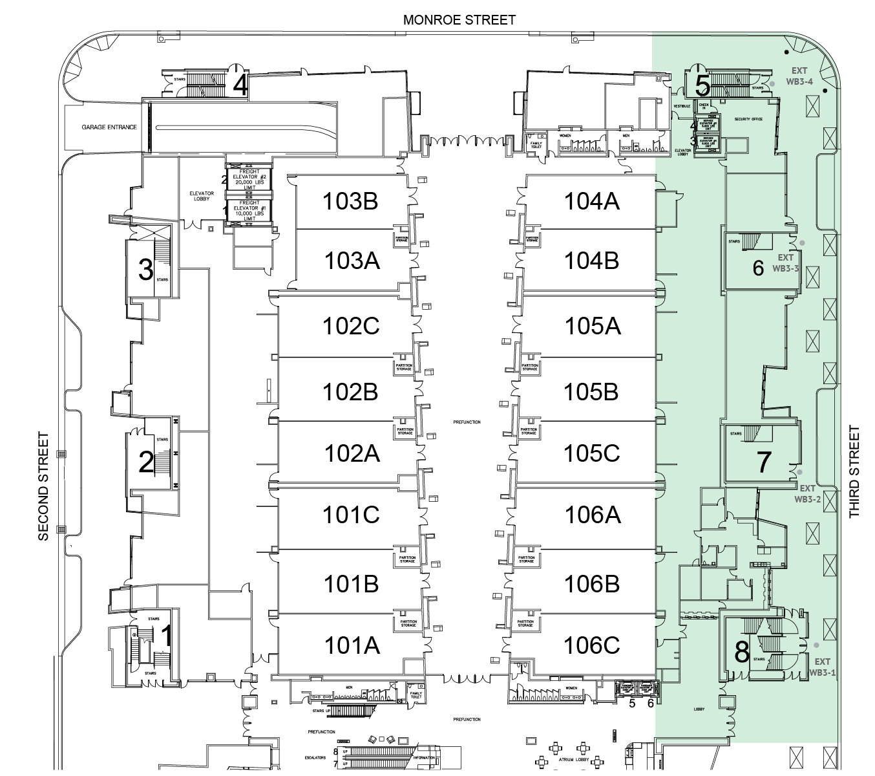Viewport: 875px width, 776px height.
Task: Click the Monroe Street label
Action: click(x=459, y=20)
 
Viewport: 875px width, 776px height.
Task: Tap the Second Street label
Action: click(x=43, y=486)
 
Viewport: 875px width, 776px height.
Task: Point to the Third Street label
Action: click(x=854, y=472)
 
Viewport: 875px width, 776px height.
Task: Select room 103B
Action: click(x=350, y=202)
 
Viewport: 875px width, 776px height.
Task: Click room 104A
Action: click(x=591, y=202)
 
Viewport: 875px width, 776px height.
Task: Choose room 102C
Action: click(x=350, y=326)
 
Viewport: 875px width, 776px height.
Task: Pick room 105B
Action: click(x=591, y=392)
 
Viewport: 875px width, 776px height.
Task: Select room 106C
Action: click(x=591, y=645)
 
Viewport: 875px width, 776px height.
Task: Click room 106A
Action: click(x=592, y=515)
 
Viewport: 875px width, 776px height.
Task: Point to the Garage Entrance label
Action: click(x=109, y=127)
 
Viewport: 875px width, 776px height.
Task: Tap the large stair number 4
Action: click(x=240, y=85)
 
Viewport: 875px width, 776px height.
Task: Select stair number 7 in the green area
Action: click(x=763, y=462)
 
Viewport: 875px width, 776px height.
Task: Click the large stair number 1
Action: click(x=166, y=636)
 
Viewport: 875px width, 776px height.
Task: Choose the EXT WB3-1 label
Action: click(x=822, y=667)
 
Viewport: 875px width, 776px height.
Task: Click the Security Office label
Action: click(x=748, y=120)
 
